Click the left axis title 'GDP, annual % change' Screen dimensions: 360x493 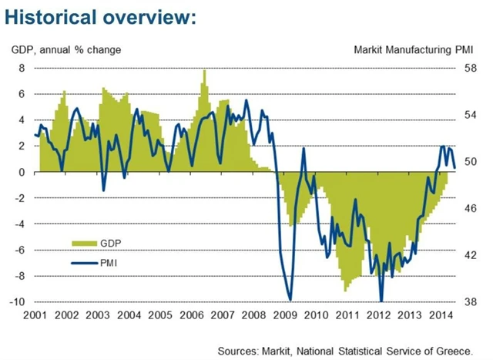click(x=66, y=51)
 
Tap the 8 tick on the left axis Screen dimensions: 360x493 click(x=23, y=69)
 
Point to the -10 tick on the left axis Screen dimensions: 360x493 click(x=19, y=301)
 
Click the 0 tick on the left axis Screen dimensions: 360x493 click(x=23, y=173)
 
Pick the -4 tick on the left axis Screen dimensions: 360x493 click(x=21, y=224)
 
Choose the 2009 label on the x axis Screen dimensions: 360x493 click(x=285, y=315)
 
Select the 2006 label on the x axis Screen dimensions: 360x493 click(x=191, y=315)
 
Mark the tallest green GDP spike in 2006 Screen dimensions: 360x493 click(x=204, y=72)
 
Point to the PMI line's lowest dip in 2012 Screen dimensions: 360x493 click(x=381, y=300)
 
